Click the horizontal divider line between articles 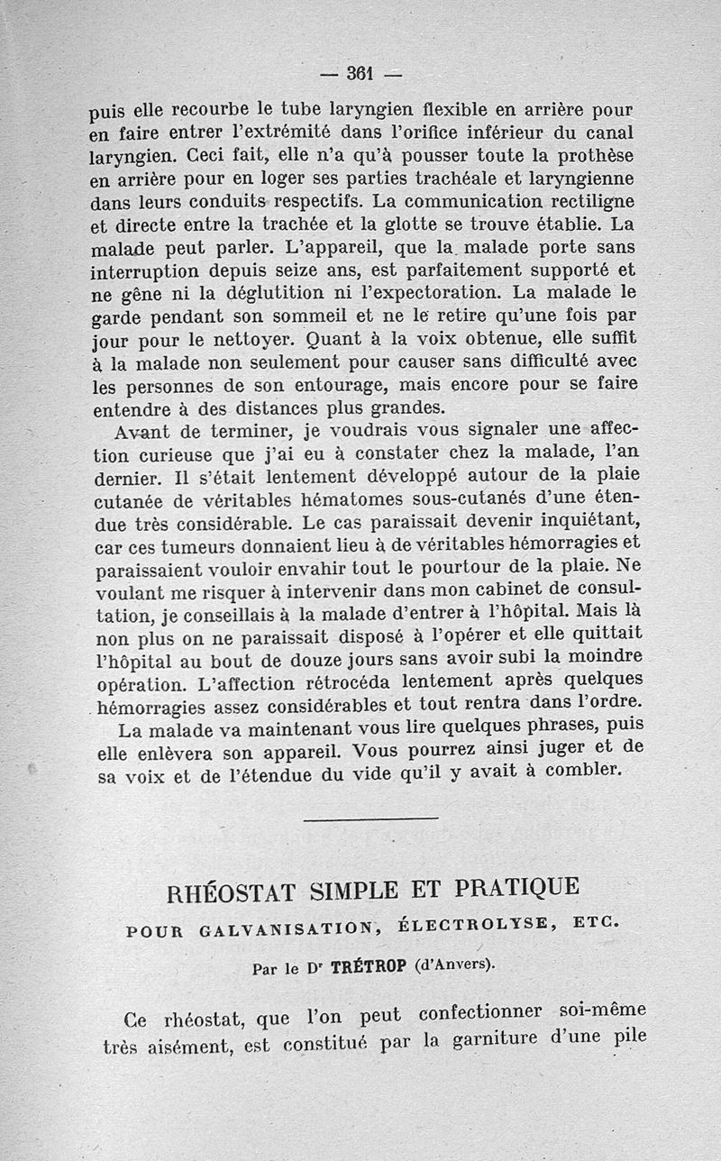[x=371, y=818]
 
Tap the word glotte [x=433, y=222]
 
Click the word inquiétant [x=580, y=518]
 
